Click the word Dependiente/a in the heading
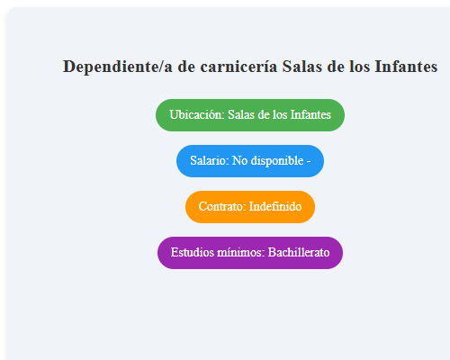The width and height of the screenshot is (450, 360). tap(110, 67)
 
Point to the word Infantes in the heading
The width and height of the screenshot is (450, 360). tap(406, 67)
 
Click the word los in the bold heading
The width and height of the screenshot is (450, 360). tap(358, 67)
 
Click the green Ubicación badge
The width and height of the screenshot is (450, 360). tap(250, 115)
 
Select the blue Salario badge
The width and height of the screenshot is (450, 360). tap(250, 161)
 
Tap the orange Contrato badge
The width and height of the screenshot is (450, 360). tap(250, 206)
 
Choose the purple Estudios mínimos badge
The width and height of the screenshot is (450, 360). tap(250, 253)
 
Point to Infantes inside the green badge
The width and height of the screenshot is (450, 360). tap(310, 115)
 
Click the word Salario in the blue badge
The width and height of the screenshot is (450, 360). tap(208, 161)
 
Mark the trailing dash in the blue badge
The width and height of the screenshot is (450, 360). tap(309, 161)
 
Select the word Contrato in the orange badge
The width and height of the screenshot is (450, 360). tap(221, 206)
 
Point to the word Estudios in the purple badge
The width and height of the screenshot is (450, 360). tap(192, 253)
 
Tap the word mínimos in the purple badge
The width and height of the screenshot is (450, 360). tap(240, 253)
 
